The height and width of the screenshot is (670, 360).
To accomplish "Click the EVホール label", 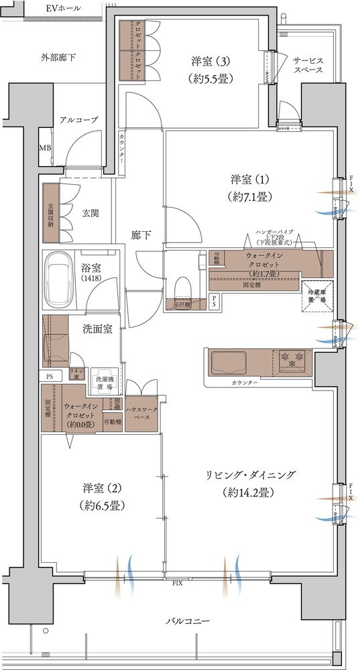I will (64, 8).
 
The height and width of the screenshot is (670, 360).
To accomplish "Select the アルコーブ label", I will (78, 119).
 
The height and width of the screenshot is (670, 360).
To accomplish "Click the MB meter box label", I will (45, 148).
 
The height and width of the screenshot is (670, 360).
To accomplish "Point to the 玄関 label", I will (91, 213).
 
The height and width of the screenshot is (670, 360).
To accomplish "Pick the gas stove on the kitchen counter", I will (292, 362).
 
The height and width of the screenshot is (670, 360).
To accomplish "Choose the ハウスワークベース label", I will (141, 413).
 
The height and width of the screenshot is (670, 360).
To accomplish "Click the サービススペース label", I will (308, 64).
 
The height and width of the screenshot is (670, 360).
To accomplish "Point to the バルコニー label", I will (188, 622).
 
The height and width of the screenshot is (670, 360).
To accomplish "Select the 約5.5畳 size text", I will (210, 77).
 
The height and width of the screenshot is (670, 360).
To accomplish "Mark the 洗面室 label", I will (97, 328).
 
